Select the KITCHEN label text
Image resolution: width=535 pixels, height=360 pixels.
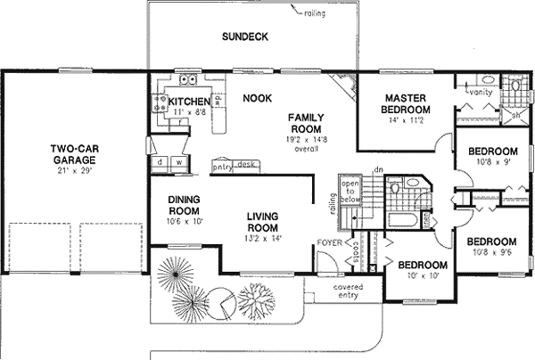pyautogui.click(x=189, y=102)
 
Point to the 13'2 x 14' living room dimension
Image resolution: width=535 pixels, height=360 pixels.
pyautogui.click(x=265, y=239)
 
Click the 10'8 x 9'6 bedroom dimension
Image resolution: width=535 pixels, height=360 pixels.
pyautogui.click(x=491, y=254)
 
